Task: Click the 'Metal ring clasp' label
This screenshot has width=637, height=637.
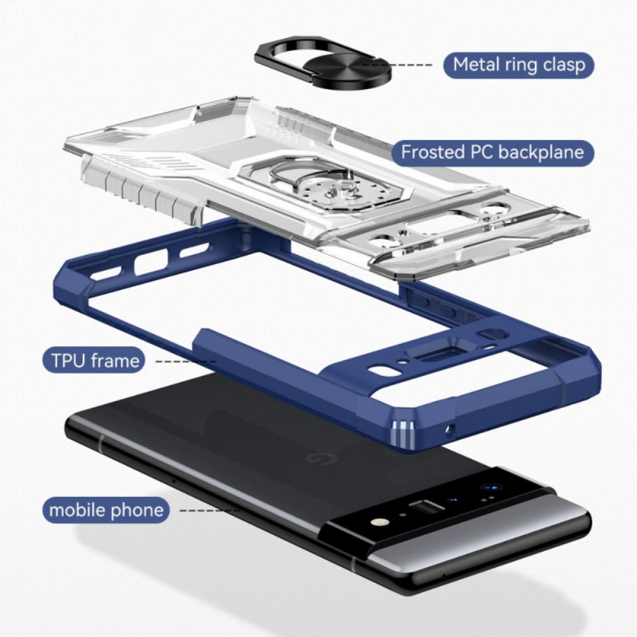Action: click(519, 65)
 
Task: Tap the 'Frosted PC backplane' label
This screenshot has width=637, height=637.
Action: click(492, 152)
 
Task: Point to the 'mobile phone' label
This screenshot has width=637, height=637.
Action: click(106, 510)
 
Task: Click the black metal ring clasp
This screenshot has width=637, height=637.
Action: click(323, 63)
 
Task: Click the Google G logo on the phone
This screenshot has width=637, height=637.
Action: click(313, 459)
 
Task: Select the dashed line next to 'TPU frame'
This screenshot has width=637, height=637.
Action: click(186, 361)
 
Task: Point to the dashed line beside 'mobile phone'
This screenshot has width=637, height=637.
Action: click(210, 510)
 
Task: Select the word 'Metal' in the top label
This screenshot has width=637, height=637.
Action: click(476, 64)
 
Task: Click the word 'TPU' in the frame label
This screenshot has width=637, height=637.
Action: click(69, 361)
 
